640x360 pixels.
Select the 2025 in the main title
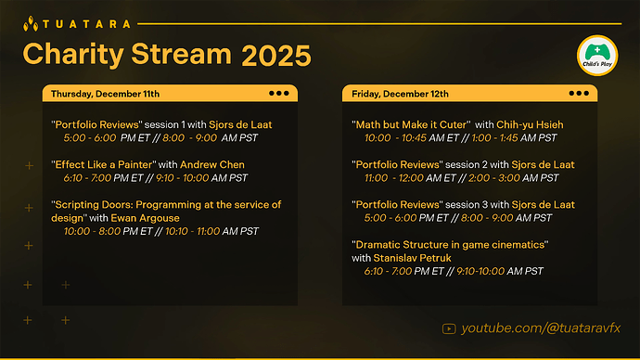pyautogui.click(x=276, y=56)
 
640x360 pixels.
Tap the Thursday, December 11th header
pyautogui.click(x=105, y=94)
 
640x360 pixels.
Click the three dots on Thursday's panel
pyautogui.click(x=278, y=94)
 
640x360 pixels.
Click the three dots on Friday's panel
pyautogui.click(x=580, y=94)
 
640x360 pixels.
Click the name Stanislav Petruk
pyautogui.click(x=411, y=258)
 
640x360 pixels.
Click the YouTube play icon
pyautogui.click(x=450, y=328)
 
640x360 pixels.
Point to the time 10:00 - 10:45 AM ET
pyautogui.click(x=413, y=137)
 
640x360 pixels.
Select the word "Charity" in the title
pyautogui.click(x=74, y=56)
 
